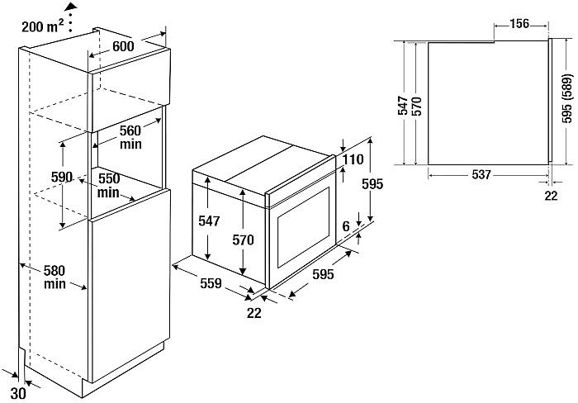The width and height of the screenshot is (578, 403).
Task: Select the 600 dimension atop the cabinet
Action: point(123,47)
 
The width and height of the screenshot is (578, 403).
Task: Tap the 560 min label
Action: point(131,136)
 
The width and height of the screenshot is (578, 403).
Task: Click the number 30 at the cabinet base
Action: point(18,393)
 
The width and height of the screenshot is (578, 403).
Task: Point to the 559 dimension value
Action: point(211,284)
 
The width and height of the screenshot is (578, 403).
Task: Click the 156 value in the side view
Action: point(519,23)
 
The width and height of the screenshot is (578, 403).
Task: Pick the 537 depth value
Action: point(482,174)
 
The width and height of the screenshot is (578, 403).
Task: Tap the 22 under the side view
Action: point(552,195)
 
